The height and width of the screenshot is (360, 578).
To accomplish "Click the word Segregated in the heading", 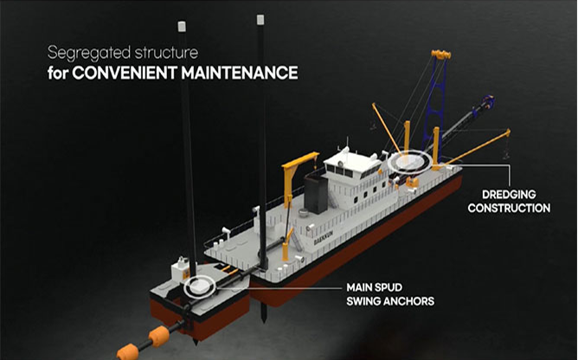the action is tap(89, 53).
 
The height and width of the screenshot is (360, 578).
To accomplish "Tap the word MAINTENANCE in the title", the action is tap(240, 73).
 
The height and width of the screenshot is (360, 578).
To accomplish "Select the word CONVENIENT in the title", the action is tap(125, 73).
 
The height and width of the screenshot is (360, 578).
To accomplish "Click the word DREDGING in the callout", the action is tap(509, 195).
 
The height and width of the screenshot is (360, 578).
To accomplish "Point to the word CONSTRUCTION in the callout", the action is tap(509, 208).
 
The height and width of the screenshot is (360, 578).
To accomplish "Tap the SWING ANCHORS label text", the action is tap(390, 301).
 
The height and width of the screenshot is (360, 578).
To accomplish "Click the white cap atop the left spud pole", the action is tap(182, 27).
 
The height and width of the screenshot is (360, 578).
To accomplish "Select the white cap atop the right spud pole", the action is tap(260, 20).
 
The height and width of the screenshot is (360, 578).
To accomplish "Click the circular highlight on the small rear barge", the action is tap(199, 295).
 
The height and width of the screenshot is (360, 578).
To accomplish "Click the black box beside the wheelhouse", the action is tap(316, 194).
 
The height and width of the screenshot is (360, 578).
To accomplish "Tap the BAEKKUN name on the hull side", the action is tap(324, 238).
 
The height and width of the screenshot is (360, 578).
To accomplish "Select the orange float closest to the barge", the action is tap(159, 336).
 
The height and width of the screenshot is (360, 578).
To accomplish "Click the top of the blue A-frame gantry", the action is tap(440, 55).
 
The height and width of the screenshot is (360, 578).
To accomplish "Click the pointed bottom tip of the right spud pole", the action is tap(264, 321).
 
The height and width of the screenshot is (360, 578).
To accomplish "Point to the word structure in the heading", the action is tap(166, 53).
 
